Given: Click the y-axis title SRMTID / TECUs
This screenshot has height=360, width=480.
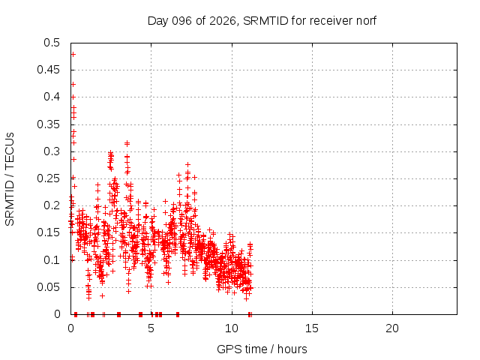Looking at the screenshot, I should coord(10,178).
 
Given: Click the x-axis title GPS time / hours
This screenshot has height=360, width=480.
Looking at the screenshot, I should coord(262,349).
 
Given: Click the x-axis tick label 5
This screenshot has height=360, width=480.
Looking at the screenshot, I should coord(151,328).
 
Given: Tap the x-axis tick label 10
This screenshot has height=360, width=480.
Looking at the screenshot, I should coord(232,328).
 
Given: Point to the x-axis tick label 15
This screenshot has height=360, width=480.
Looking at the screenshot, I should coord(312,328).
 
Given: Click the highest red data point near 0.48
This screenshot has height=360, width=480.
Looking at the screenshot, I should coord(73,54).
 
